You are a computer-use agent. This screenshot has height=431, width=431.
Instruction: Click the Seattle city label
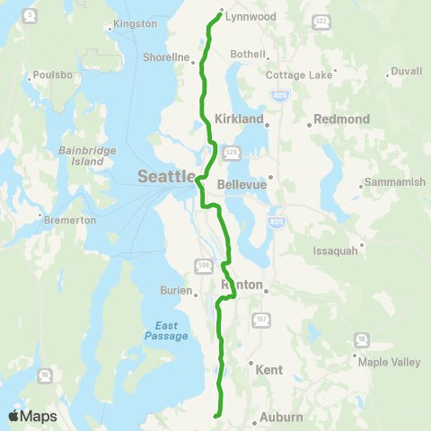coord(166,176)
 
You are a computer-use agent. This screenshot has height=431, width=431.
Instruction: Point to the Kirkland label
coord(239,119)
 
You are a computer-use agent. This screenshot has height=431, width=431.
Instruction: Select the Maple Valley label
coord(383,363)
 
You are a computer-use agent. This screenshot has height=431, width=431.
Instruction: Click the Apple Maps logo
coord(32,416)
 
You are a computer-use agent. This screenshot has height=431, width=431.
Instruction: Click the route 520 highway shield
coord(231,153)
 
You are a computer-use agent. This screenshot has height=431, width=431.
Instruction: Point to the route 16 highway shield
coord(45,374)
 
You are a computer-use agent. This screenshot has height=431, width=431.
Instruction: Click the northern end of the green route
coord(220,12)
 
